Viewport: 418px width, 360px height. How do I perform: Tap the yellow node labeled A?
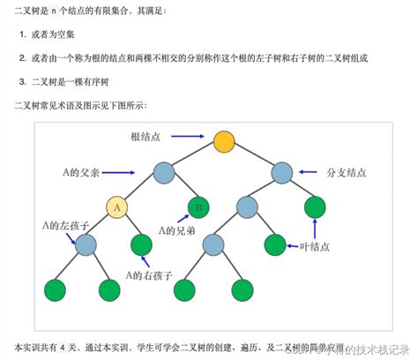coord(117,207)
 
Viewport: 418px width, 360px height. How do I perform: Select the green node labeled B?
coord(199,207)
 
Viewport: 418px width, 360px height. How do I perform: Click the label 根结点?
coord(146,136)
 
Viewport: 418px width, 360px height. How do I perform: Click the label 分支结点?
coord(345,171)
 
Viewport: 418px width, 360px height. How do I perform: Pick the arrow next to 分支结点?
coord(309,171)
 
